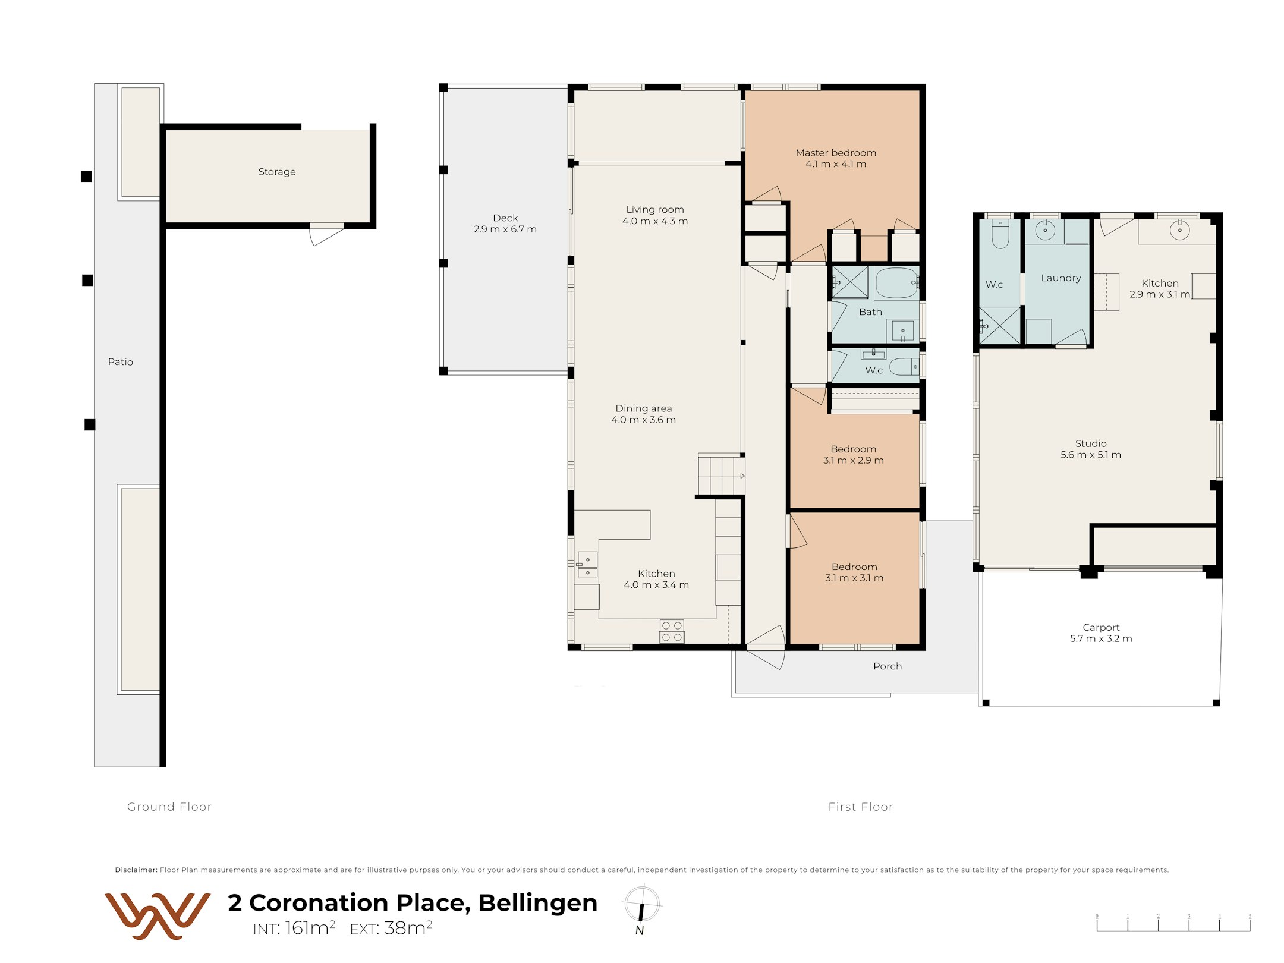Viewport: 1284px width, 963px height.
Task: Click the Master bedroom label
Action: click(836, 153)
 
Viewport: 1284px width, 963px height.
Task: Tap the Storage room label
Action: click(277, 172)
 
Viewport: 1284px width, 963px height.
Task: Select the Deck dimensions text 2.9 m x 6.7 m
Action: click(505, 229)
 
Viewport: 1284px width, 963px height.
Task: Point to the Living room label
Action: click(655, 210)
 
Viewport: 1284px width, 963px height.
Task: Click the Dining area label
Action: click(644, 408)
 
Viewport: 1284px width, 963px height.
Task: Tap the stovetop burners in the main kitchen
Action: click(672, 631)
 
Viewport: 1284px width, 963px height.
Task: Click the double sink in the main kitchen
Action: click(587, 566)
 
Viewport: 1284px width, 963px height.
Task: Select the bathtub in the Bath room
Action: click(896, 283)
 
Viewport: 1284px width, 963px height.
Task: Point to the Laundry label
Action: click(1061, 278)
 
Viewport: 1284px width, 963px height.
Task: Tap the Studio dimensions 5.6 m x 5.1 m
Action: click(1091, 455)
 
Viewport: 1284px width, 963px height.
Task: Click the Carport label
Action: click(1101, 628)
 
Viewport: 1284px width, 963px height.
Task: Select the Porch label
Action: click(888, 666)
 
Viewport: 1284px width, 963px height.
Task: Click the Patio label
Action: click(121, 362)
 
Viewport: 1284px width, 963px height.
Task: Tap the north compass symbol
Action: click(641, 910)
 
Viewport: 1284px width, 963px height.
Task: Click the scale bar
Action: click(1173, 923)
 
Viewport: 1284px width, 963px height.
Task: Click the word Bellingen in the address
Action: click(538, 903)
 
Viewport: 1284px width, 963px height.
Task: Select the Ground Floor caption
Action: click(169, 807)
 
